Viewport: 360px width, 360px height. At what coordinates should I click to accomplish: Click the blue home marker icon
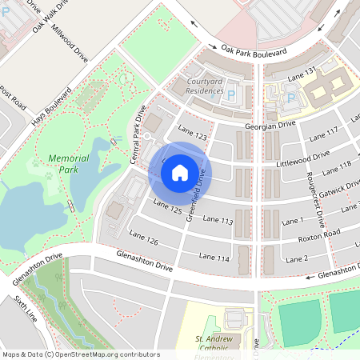(x=180, y=172)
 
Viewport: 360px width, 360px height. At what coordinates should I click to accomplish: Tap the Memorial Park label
(x=68, y=164)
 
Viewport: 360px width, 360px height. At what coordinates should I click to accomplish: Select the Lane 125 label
(x=167, y=208)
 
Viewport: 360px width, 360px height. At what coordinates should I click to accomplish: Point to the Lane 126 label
(x=142, y=239)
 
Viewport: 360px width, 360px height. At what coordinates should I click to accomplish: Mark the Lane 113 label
(x=217, y=219)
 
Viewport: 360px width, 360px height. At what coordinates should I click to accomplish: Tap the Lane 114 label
(x=214, y=258)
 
